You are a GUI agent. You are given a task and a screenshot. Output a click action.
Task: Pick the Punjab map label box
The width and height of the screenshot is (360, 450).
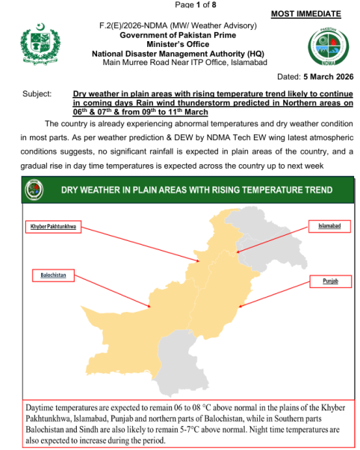click(x=329, y=281)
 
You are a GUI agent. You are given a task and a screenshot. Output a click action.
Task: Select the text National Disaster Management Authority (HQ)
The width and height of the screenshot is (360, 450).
click(x=178, y=54)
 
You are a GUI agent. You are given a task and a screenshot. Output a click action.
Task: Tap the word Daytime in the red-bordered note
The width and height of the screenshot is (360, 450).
click(x=43, y=410)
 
